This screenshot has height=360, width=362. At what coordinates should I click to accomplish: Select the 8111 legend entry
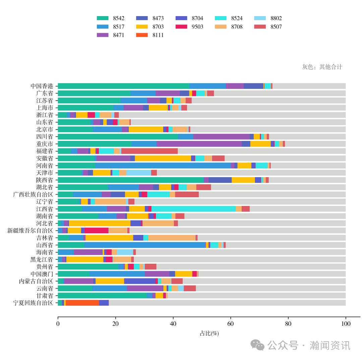(150, 35)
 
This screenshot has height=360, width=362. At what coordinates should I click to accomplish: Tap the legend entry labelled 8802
(268, 18)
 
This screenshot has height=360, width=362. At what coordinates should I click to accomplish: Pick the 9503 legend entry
(190, 27)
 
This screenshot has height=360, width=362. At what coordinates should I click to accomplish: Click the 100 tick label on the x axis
(346, 324)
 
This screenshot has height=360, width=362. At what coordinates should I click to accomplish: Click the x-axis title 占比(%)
(209, 333)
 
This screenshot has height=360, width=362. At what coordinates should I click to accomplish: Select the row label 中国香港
(42, 86)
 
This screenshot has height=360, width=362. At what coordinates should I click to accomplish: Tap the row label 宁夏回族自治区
(33, 303)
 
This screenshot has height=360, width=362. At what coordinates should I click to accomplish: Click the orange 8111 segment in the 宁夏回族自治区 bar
(82, 303)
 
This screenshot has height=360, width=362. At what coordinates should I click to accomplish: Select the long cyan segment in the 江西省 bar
(193, 209)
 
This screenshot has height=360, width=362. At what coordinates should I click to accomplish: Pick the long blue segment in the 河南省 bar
(163, 165)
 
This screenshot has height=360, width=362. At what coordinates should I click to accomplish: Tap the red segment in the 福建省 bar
(149, 151)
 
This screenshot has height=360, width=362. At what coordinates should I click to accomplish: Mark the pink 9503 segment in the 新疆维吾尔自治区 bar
(96, 230)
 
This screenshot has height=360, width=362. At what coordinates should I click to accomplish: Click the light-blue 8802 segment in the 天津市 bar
(138, 173)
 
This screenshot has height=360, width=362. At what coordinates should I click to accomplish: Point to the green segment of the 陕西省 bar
(131, 180)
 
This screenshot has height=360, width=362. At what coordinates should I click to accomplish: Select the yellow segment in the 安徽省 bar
(163, 158)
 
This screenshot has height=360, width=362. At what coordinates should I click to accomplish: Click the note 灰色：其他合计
(322, 67)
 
